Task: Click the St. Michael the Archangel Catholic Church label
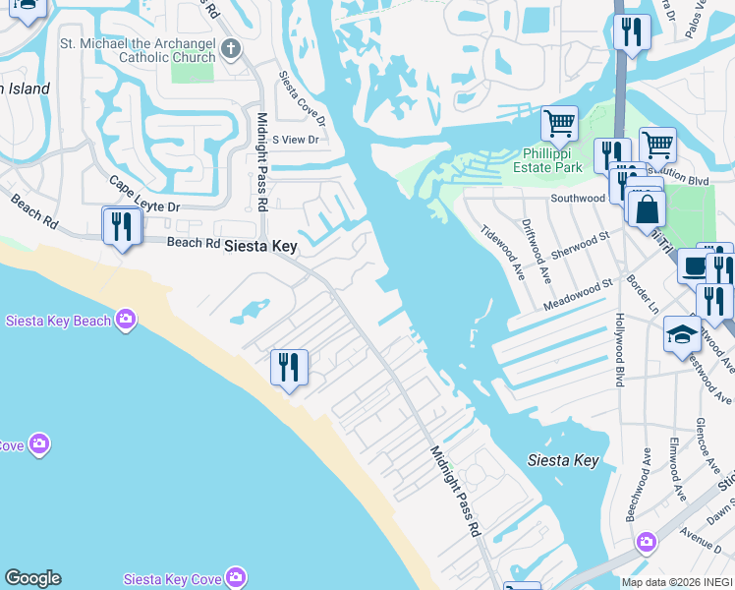(138, 50)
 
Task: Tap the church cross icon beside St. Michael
(231, 48)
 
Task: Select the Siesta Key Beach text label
(58, 321)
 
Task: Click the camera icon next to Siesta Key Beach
(126, 319)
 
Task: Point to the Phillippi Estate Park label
(547, 160)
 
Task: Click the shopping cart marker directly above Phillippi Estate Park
(559, 124)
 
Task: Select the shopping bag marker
(649, 208)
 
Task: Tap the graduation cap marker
(681, 334)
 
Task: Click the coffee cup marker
(695, 265)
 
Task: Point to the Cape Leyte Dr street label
(144, 195)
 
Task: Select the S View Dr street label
(297, 141)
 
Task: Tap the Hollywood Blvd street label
(620, 349)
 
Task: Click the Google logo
(32, 578)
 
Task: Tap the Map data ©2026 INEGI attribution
(677, 582)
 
